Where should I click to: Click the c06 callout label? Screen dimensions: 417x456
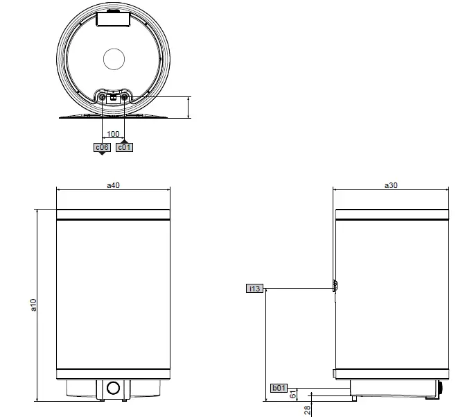point(102,148)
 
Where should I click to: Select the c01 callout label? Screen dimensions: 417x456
point(124,148)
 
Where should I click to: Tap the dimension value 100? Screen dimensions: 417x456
point(113,133)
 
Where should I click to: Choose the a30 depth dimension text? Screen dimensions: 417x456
point(391,185)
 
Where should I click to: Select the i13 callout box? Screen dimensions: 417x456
point(254,288)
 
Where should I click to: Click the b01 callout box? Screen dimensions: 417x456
point(279,388)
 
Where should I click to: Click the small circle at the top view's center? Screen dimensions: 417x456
point(113,59)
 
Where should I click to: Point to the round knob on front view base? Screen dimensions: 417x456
point(113,389)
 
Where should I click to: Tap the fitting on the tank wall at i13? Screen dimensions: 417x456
point(334,286)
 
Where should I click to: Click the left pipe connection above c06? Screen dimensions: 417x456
point(103,98)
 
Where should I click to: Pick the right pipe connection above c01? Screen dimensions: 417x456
point(124,98)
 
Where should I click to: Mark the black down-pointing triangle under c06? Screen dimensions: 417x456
point(102,154)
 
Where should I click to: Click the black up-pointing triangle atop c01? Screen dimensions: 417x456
point(124,142)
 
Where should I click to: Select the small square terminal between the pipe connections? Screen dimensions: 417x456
point(113,99)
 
